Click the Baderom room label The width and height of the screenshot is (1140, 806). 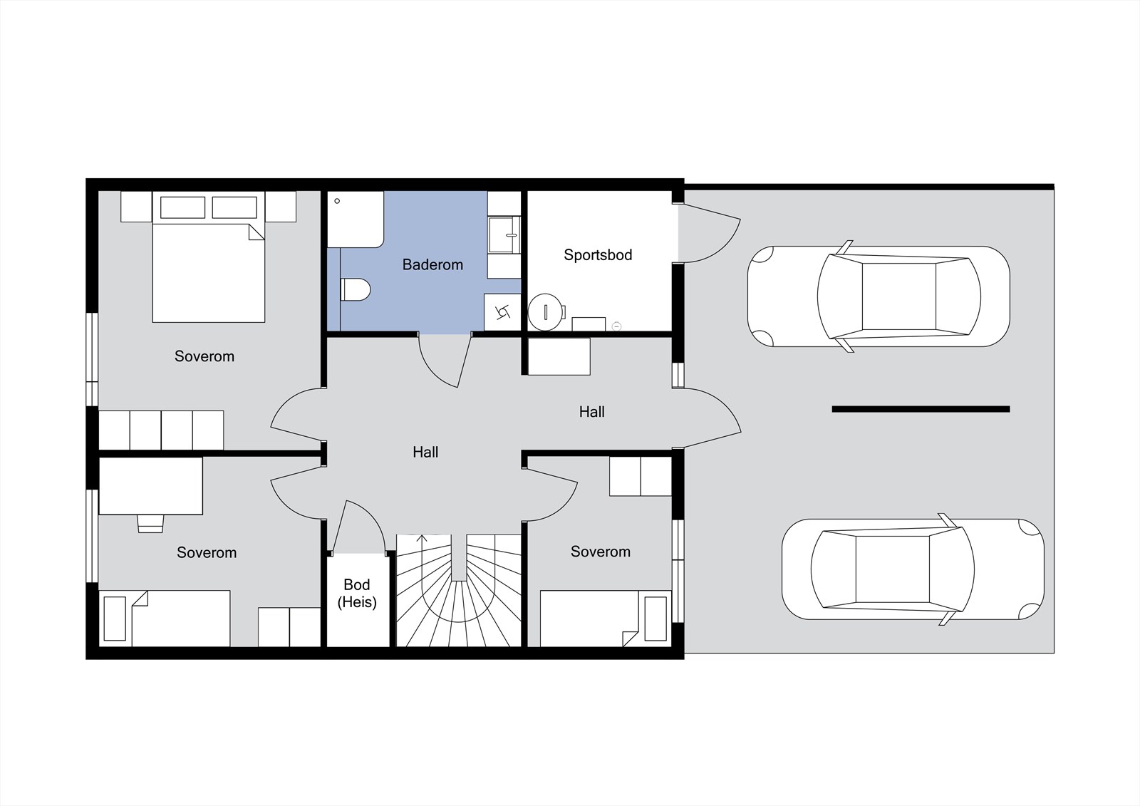[432, 265]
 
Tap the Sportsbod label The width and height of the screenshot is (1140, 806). [598, 255]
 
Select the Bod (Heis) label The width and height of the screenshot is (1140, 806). [357, 593]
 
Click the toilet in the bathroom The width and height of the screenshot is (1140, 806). [356, 290]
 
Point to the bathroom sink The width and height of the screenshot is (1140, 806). [504, 234]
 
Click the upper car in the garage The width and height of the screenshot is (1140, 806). [879, 296]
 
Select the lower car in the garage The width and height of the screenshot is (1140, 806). [913, 569]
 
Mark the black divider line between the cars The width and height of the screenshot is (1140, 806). [921, 409]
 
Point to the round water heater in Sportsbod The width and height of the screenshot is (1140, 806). [546, 312]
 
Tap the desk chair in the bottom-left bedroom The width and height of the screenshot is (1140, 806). [150, 523]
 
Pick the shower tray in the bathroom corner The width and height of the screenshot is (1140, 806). [356, 219]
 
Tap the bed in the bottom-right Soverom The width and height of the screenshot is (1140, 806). [606, 619]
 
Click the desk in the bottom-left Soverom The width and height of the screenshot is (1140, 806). [150, 486]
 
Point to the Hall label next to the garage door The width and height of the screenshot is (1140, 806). [592, 412]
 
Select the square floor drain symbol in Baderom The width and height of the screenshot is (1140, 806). [502, 311]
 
